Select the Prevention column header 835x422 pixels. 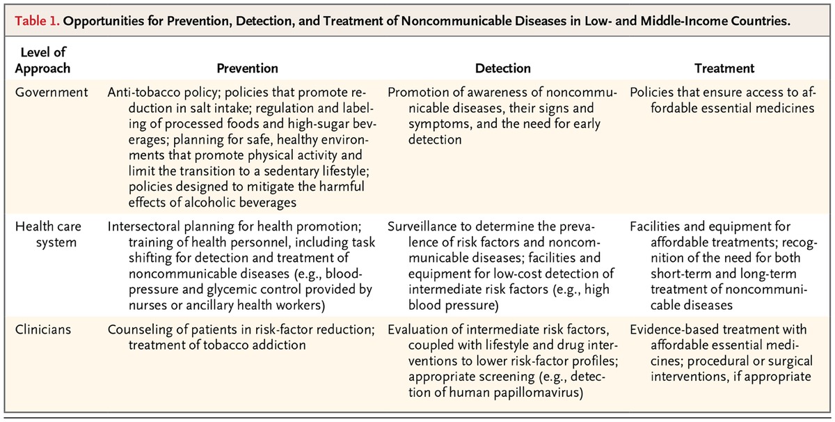click(247, 68)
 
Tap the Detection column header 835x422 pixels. click(502, 68)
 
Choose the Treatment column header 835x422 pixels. click(724, 68)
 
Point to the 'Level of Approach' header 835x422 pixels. click(45, 61)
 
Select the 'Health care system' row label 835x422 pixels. click(45, 233)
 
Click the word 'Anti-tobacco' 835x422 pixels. click(143, 93)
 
